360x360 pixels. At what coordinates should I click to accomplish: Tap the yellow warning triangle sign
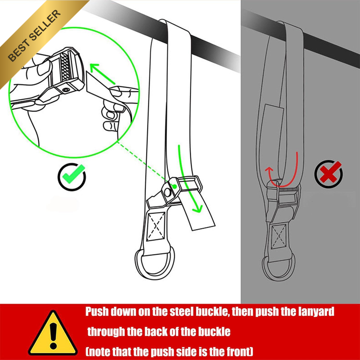coord(53,333)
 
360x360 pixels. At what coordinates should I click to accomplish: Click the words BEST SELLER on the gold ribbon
coord(35,36)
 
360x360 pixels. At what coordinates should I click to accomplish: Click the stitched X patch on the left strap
coord(156,226)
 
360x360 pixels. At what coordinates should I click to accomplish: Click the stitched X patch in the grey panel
coord(279,237)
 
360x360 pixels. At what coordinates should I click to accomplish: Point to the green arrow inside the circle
coord(102,74)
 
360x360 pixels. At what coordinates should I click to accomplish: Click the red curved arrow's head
coord(269,170)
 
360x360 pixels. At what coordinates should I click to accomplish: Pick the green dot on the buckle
coord(175,186)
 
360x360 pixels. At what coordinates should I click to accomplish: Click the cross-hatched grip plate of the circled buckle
coord(65,67)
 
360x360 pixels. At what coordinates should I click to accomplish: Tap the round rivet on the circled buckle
coord(66,90)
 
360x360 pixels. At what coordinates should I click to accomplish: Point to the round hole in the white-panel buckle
coord(168,193)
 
